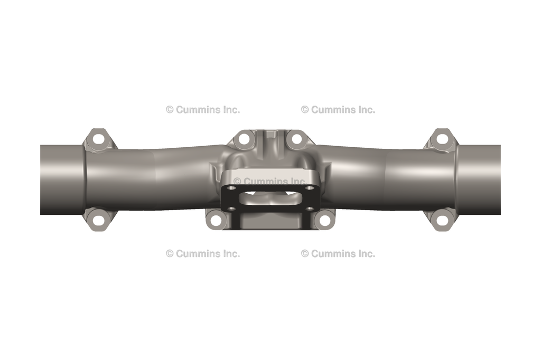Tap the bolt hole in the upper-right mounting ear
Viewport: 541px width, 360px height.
[442, 139]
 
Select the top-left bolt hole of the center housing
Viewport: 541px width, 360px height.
[244, 139]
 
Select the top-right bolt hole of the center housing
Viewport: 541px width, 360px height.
[296, 139]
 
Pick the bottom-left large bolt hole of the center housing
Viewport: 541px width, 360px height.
[216, 220]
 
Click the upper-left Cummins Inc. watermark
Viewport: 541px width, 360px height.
[203, 110]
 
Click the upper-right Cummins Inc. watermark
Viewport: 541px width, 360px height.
[338, 110]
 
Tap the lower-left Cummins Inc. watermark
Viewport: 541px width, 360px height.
[203, 253]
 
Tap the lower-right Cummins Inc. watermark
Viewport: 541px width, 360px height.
[338, 253]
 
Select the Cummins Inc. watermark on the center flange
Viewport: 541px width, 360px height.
[270, 181]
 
